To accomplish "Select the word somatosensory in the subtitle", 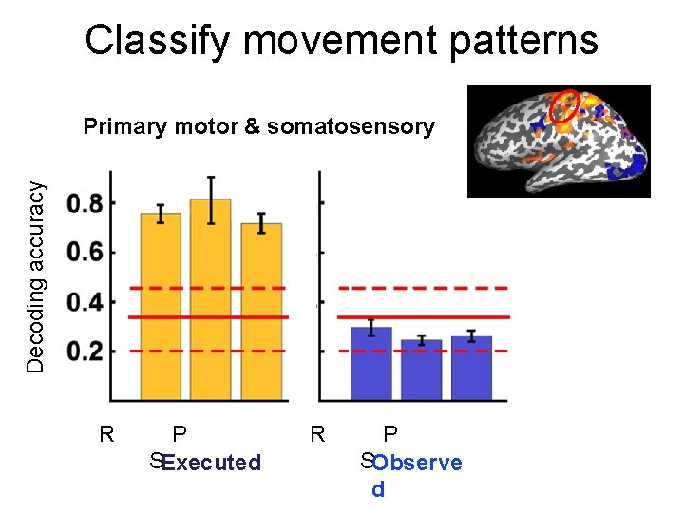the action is [351, 126].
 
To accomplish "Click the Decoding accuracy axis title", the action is [35, 277].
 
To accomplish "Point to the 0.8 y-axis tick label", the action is [86, 203].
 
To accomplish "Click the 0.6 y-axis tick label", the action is [86, 253].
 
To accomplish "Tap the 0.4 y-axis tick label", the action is [86, 302].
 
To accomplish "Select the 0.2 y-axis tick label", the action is [86, 351].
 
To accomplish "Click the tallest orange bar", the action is [211, 299].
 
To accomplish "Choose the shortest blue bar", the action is [421, 370].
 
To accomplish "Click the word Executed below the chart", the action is [211, 464].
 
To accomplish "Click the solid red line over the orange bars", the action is [209, 316].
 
